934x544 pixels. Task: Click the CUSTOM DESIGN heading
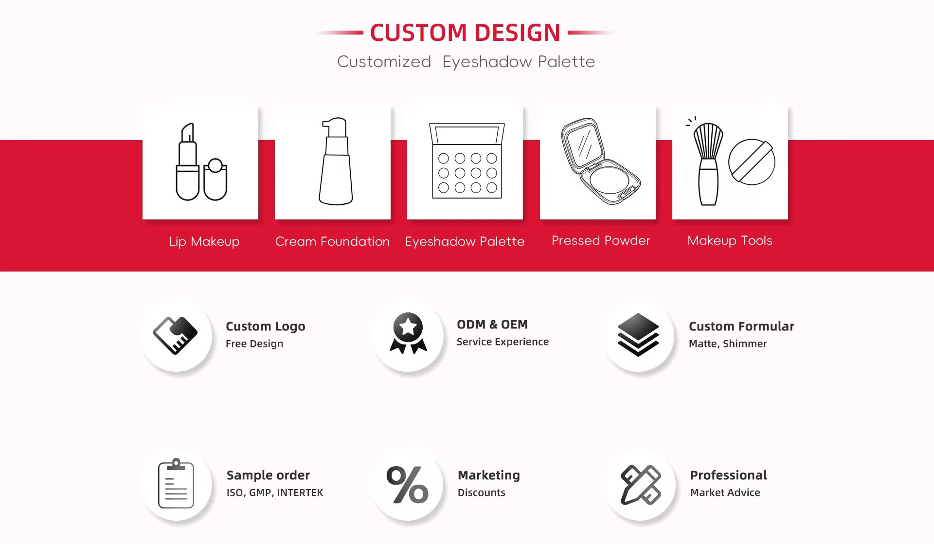point(465,33)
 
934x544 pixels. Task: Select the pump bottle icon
point(336,161)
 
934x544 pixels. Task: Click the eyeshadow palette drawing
point(467,161)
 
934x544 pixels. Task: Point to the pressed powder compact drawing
point(601,161)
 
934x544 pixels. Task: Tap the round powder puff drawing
point(752,162)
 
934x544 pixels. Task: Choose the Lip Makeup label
point(204,241)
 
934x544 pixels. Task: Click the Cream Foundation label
point(332,241)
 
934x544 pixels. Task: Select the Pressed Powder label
point(601,240)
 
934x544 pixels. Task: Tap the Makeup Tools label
point(730,240)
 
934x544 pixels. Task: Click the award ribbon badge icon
point(408,333)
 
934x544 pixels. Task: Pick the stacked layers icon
point(638,335)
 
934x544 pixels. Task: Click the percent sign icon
point(408,485)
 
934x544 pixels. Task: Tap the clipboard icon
point(176,484)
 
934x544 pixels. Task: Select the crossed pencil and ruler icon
point(641,485)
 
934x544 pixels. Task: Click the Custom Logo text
point(266,326)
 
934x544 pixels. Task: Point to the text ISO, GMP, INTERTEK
point(275,493)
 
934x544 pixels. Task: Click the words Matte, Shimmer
point(728,344)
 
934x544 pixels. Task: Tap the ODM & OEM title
point(492,325)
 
